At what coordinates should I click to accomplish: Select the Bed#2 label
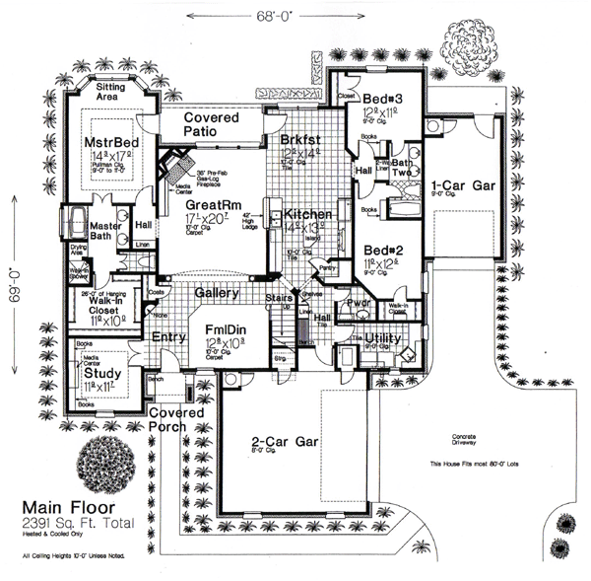[380, 251]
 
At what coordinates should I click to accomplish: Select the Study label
[101, 375]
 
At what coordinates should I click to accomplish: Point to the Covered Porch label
[173, 417]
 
